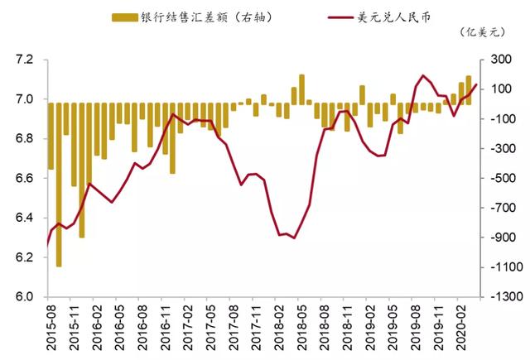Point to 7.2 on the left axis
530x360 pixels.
[x=24, y=60]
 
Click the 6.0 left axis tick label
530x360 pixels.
[x=24, y=297]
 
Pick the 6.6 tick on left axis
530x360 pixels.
[x=24, y=179]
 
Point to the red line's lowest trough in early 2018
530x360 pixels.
[x=294, y=238]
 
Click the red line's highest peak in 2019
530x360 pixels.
[x=423, y=75]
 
